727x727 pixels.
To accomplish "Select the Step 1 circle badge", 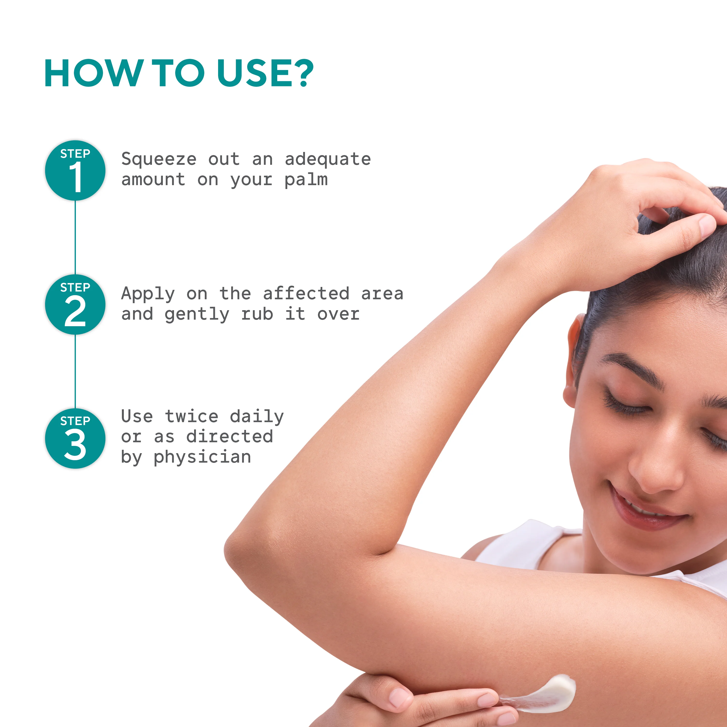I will (75, 170).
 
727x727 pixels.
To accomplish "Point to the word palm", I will (306, 180).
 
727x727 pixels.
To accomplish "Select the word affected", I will (306, 293).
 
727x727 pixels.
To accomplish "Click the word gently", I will (197, 315).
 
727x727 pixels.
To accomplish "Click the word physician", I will (202, 458).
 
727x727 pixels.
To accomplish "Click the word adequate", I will (327, 159).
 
